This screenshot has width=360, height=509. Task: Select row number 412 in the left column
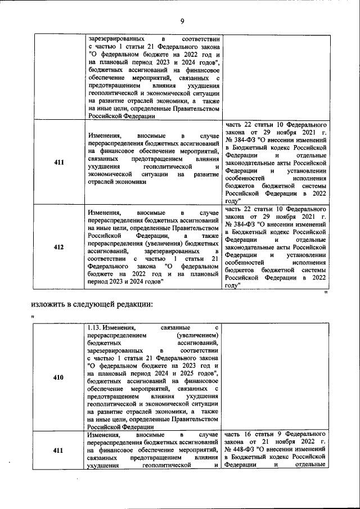click(58, 246)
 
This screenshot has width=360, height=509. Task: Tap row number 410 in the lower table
click(58, 378)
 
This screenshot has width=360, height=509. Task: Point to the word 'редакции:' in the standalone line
click(134, 304)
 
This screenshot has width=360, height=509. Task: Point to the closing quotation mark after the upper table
click(325, 293)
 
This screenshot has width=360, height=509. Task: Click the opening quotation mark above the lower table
click(33, 317)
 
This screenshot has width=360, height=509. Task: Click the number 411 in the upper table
click(58, 163)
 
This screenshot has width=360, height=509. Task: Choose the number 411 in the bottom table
click(58, 451)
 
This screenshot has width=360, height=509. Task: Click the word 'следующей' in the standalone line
click(94, 304)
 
